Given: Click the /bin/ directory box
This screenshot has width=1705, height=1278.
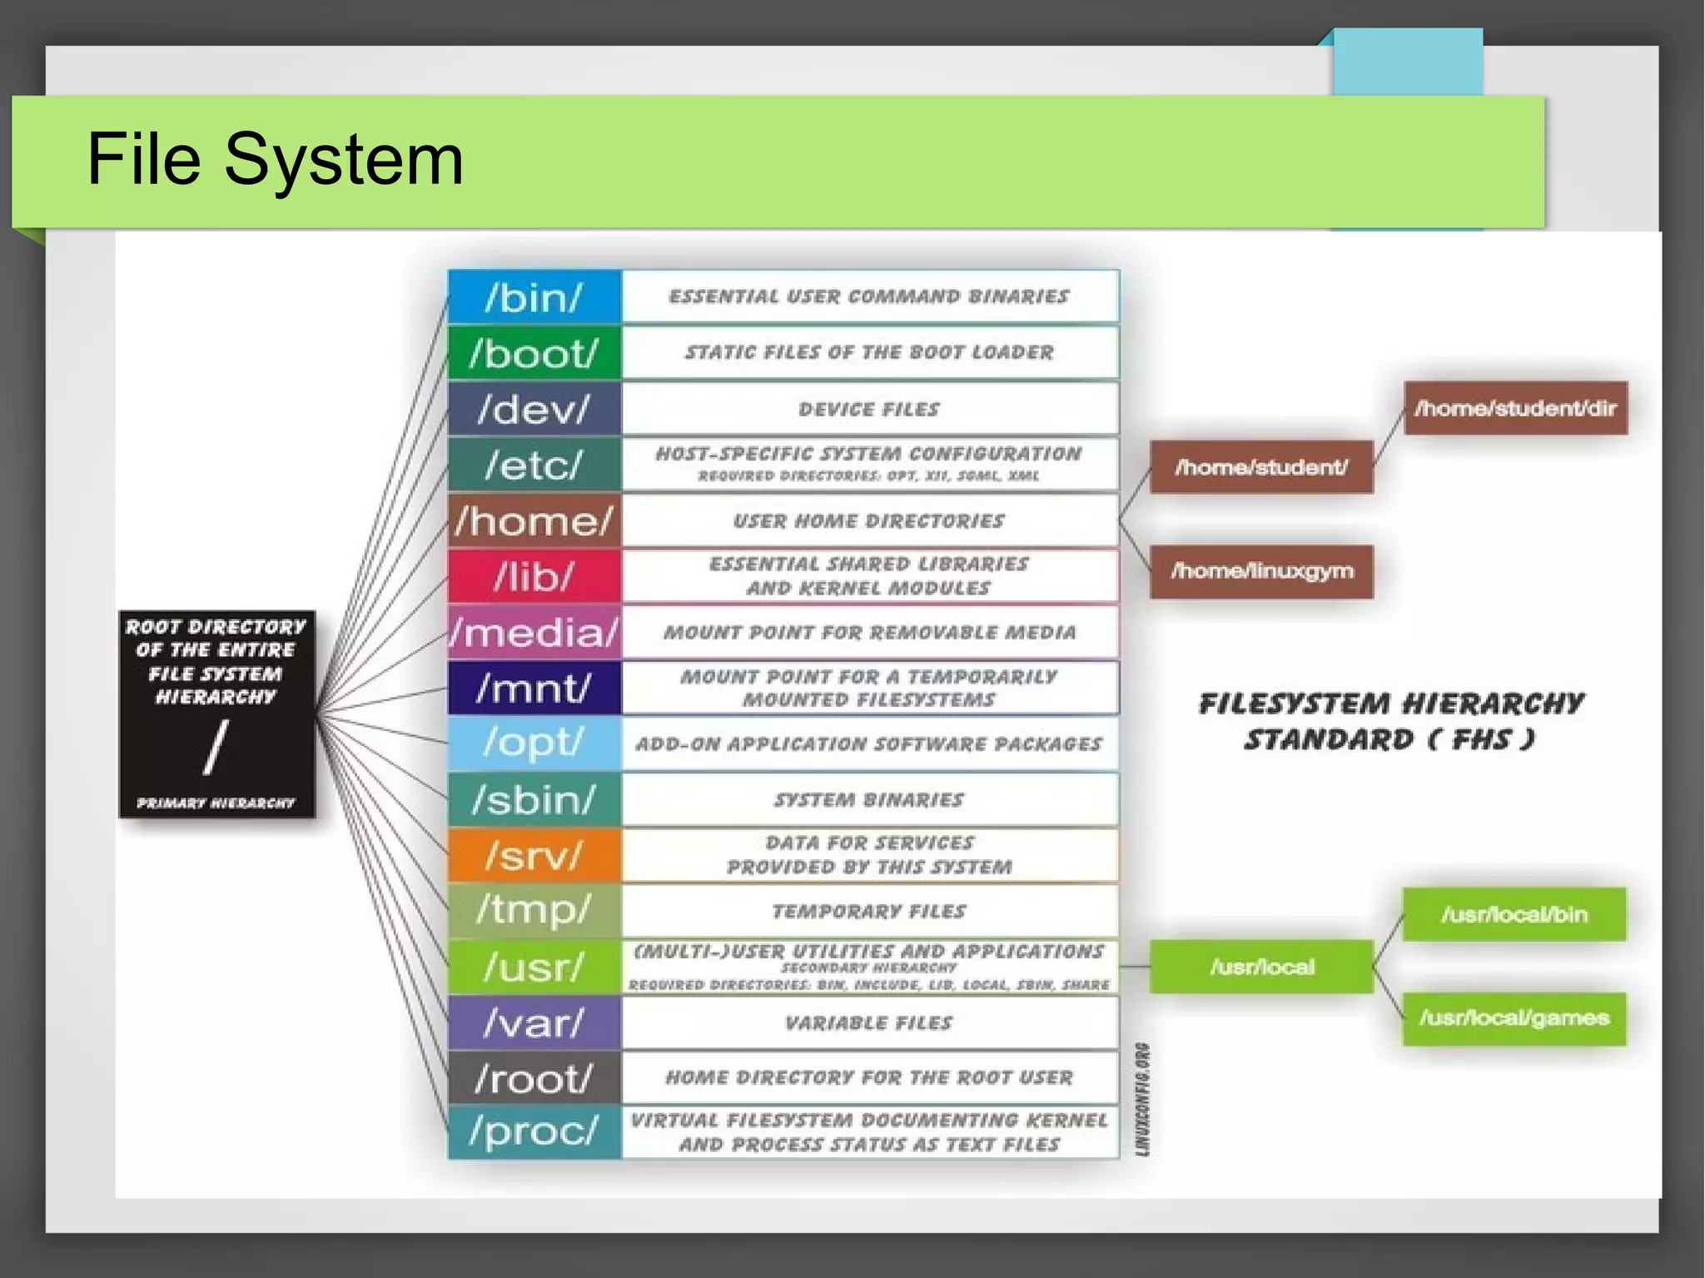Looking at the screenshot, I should (x=534, y=297).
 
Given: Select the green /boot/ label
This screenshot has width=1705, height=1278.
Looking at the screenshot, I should (x=534, y=353).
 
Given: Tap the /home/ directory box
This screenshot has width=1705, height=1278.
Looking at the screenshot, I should (x=534, y=521).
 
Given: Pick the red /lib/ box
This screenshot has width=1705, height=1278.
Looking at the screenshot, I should (x=534, y=576).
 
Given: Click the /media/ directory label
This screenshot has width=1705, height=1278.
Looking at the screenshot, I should (x=534, y=633).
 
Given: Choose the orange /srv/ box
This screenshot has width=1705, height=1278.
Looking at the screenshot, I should (x=534, y=855).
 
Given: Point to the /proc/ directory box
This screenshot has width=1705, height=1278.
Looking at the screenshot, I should (x=534, y=1131).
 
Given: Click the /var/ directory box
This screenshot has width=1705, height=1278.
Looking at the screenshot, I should (x=534, y=1022).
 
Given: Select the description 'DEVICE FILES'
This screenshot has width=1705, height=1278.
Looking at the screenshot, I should (x=869, y=409).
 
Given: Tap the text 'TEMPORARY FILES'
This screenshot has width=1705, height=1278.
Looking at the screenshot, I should (x=869, y=911).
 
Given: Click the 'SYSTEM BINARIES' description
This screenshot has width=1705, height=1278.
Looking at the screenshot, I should (x=869, y=799).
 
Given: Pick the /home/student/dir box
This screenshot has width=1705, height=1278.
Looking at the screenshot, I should (x=1515, y=408).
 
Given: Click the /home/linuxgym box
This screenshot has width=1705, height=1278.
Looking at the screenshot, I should (x=1261, y=571).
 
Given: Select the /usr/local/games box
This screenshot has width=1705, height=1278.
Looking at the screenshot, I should (x=1514, y=1017).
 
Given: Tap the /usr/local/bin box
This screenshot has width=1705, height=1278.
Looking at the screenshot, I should (x=1514, y=914).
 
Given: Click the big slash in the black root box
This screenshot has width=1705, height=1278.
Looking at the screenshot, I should (x=216, y=748).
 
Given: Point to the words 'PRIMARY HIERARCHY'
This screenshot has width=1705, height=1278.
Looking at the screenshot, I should (x=216, y=803).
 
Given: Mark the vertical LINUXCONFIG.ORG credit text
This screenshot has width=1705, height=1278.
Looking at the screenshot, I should (x=1143, y=1099).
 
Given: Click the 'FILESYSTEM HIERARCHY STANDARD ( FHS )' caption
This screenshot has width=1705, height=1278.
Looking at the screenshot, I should (x=1390, y=721).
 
